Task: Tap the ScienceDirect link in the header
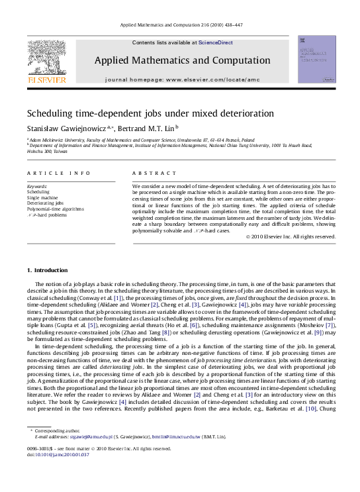coord(216,42)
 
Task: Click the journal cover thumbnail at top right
coord(316,60)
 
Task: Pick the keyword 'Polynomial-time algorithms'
coord(56,209)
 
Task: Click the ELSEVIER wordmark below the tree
coord(46,79)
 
